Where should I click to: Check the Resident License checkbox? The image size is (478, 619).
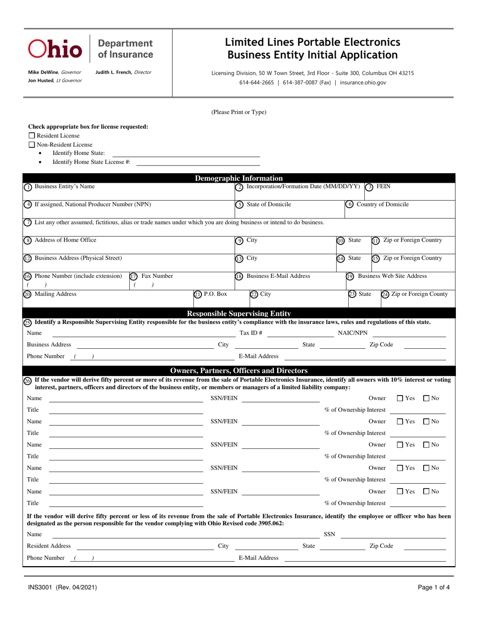(32, 135)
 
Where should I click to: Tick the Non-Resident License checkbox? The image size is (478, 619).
(32, 144)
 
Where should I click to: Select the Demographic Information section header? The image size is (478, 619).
(238, 178)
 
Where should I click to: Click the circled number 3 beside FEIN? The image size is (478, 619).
(369, 187)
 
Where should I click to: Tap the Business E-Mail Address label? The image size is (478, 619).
(278, 276)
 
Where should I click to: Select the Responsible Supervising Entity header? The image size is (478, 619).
(238, 314)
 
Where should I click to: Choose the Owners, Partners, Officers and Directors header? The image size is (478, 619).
(238, 370)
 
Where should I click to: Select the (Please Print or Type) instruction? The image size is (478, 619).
(238, 112)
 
